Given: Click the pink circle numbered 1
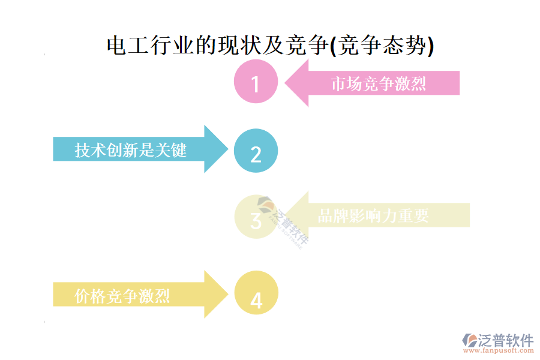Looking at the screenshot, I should point(256,83).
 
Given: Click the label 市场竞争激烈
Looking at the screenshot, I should point(379,83).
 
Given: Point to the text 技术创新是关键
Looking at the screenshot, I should point(131,149).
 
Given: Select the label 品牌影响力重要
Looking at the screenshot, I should point(373,215).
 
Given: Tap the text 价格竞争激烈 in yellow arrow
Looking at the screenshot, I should point(122,295).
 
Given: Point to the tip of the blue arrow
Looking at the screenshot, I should point(227,149).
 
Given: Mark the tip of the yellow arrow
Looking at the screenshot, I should point(227,294).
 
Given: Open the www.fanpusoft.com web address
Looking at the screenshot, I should point(499,352).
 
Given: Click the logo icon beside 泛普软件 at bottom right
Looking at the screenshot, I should point(469,340).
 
